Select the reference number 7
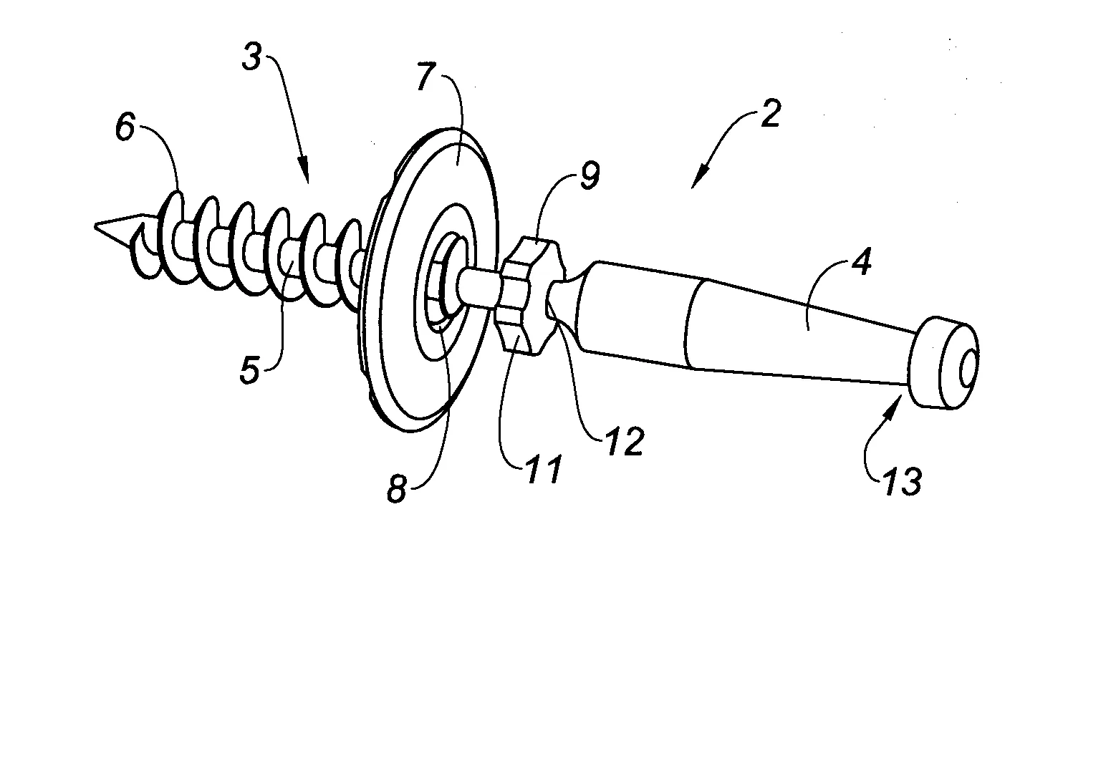[x=428, y=76]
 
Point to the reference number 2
[x=770, y=114]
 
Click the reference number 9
[x=590, y=175]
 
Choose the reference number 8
[x=397, y=490]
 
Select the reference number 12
[x=625, y=441]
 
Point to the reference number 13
[x=902, y=481]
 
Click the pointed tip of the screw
[x=96, y=226]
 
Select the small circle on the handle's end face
[x=968, y=369]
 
